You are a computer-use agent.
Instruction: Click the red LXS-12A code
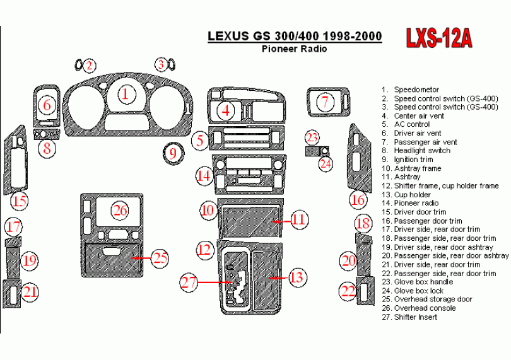[x=439, y=38]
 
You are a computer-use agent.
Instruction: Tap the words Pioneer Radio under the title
[x=294, y=49]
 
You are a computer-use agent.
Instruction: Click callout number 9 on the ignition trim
[x=173, y=153]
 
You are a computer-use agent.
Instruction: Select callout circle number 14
[x=204, y=177]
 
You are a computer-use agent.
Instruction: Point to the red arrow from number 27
[x=214, y=282]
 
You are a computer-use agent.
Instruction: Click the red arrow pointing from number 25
[x=141, y=258]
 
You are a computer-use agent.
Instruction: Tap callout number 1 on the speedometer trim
[x=126, y=94]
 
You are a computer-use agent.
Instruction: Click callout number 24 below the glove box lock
[x=326, y=163]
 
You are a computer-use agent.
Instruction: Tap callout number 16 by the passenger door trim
[x=358, y=199]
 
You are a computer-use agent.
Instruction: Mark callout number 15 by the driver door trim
[x=19, y=200]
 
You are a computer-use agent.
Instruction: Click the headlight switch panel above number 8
[x=47, y=134]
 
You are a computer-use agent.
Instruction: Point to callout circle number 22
[x=348, y=291]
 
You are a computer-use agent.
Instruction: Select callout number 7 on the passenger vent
[x=325, y=102]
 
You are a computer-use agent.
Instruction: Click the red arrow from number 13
[x=278, y=278]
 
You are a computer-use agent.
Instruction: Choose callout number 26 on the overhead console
[x=120, y=211]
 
